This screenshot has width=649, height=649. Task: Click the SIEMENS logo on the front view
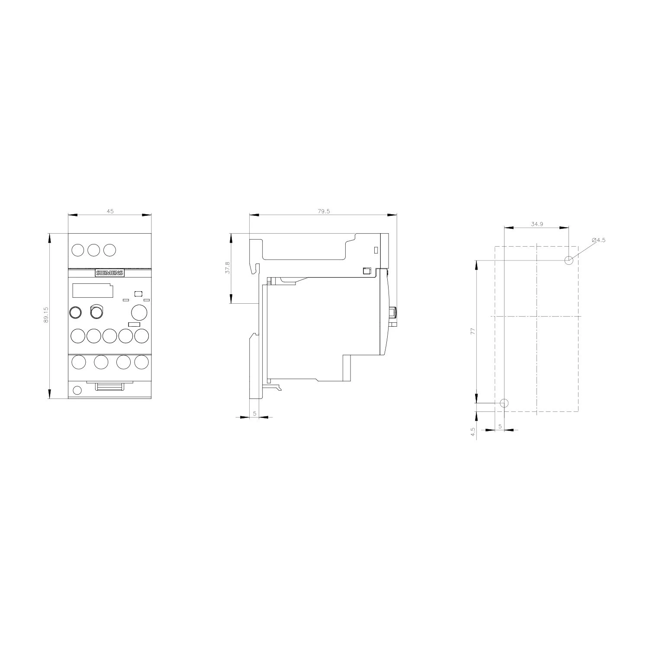[110, 273]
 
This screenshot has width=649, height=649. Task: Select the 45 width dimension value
[110, 211]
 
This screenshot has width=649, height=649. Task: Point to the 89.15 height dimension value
[46, 315]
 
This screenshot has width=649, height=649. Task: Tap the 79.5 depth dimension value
[324, 211]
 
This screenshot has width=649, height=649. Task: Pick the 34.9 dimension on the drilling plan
[537, 224]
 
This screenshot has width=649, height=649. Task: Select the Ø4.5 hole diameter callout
[599, 240]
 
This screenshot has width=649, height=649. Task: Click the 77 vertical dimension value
[473, 331]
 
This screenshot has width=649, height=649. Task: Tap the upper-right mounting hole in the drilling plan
[569, 260]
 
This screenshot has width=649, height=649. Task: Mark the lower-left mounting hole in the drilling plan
[504, 403]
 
